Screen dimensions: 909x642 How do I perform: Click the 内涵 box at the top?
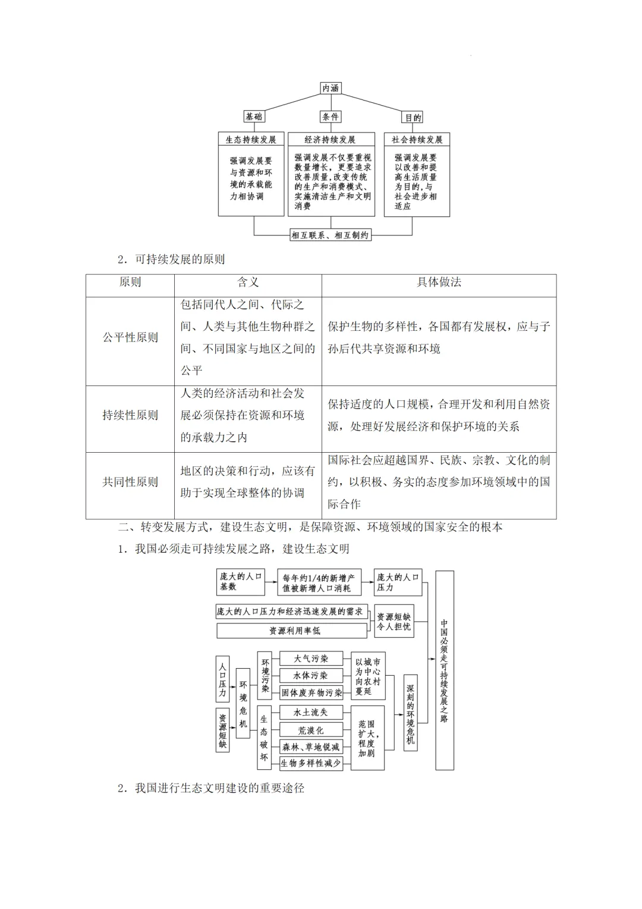331,88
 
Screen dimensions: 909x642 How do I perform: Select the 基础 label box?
254,117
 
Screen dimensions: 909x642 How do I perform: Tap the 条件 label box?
331,117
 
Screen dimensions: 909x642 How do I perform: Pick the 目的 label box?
413,117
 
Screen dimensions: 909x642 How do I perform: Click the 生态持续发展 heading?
251,140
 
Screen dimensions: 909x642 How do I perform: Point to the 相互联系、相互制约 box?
331,235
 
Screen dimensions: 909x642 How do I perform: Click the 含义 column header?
248,283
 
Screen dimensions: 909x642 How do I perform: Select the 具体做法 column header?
439,283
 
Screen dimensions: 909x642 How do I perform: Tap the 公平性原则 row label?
130,337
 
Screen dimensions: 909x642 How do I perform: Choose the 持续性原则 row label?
130,415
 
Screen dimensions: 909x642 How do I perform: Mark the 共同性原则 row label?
130,482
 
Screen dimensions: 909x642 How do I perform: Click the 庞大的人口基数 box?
240,582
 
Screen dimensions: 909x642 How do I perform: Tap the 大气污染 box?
311,659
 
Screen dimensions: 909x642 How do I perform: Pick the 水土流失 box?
310,712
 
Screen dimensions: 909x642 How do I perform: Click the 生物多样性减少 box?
311,763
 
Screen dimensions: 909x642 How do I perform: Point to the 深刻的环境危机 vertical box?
410,712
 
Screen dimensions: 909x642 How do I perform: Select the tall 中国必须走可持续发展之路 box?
444,670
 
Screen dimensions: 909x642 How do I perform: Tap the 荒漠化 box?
310,730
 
